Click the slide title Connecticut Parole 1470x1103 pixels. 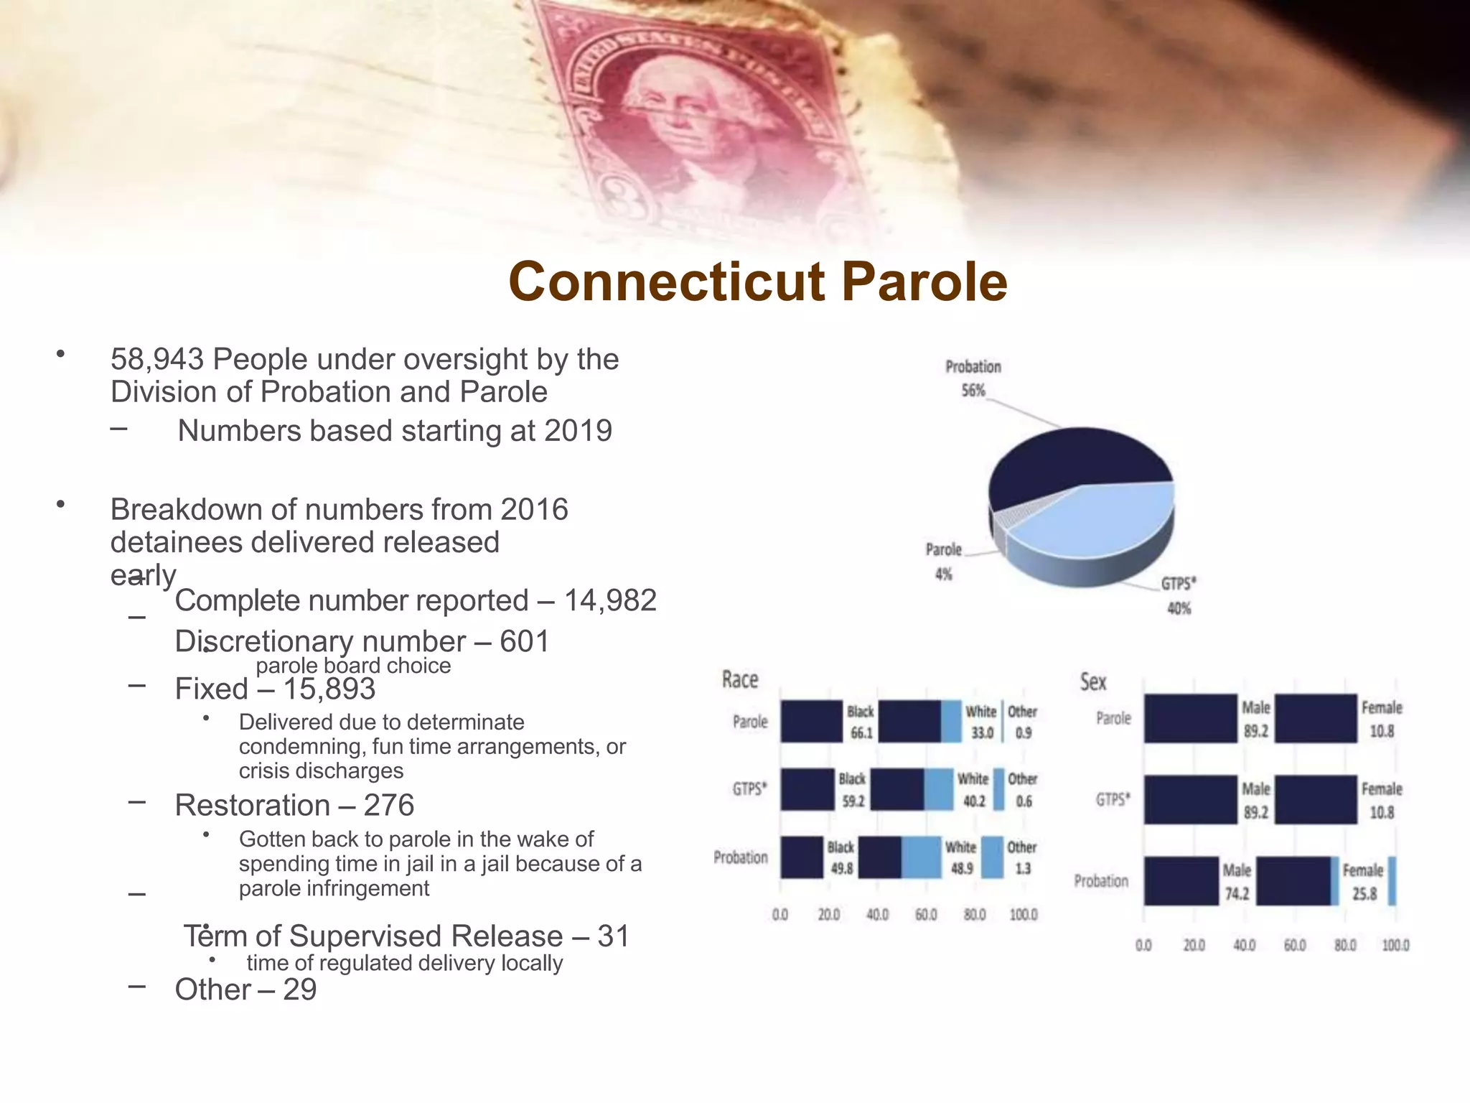(757, 281)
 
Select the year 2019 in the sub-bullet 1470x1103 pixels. (578, 431)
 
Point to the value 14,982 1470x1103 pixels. (610, 600)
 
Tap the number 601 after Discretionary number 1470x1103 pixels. (524, 641)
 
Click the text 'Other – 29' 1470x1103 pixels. (245, 990)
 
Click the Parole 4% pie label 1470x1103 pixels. (943, 561)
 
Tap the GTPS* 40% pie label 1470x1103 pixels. (1179, 595)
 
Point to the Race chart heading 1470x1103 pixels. (739, 679)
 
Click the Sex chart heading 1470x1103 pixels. (1092, 681)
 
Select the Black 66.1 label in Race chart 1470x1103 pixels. (860, 722)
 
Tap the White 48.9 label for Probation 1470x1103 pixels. (961, 857)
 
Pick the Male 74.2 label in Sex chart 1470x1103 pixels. (1236, 881)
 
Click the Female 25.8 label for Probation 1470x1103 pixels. (1363, 881)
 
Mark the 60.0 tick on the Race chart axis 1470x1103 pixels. (926, 915)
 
